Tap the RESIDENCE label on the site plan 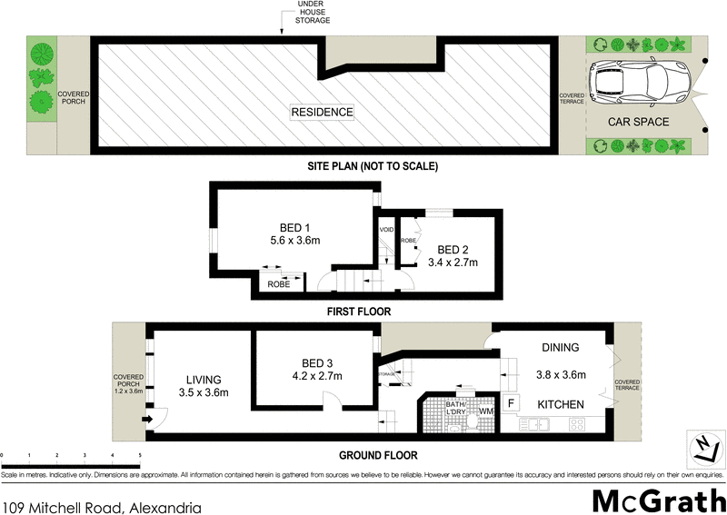(x=322, y=112)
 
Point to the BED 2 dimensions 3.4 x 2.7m (x=453, y=262)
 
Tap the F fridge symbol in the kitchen (x=511, y=402)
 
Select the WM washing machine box (x=485, y=411)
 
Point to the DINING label (x=561, y=347)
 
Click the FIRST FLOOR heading (x=359, y=312)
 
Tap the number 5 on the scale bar (x=139, y=453)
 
